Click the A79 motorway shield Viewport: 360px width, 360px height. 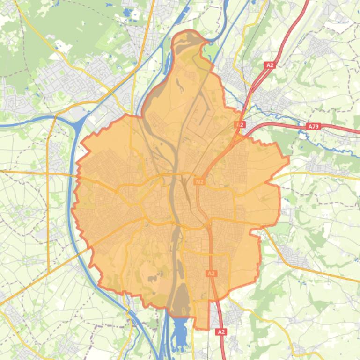(313, 126)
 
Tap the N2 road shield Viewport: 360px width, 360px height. (199, 181)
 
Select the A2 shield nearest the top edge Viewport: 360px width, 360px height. (270, 65)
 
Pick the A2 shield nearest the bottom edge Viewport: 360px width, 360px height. (221, 331)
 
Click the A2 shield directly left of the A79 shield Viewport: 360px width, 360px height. (240, 125)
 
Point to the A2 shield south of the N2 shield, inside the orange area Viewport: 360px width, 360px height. (211, 273)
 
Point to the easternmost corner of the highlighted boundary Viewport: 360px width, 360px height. (288, 159)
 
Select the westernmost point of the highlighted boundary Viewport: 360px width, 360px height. (72, 210)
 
